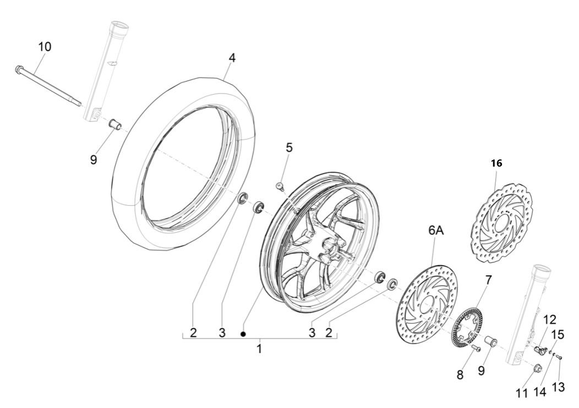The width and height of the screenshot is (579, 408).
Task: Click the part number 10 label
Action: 45,47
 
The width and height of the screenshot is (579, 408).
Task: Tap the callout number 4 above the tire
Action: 232,58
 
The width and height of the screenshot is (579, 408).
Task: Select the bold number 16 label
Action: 496,163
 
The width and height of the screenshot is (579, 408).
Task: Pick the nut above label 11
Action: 538,368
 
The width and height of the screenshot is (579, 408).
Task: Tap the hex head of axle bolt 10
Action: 20,69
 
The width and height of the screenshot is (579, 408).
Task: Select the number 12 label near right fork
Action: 550,319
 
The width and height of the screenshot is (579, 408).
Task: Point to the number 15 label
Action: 558,334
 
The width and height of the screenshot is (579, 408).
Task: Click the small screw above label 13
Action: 559,357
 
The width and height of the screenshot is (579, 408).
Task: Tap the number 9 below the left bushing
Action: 94,160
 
